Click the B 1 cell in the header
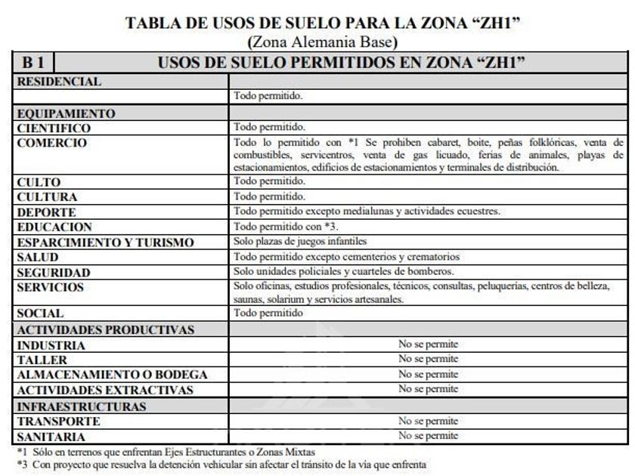(x=33, y=62)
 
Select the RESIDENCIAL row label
(x=60, y=82)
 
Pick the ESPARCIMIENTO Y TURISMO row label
(x=105, y=243)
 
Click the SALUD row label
(x=37, y=258)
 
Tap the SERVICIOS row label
(x=51, y=287)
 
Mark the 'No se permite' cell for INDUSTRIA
(x=428, y=345)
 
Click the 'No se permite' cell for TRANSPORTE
(x=428, y=421)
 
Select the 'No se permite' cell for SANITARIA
(x=428, y=436)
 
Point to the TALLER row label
(x=42, y=360)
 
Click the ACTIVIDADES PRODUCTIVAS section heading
(x=105, y=329)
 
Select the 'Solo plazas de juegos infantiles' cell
(x=300, y=242)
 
